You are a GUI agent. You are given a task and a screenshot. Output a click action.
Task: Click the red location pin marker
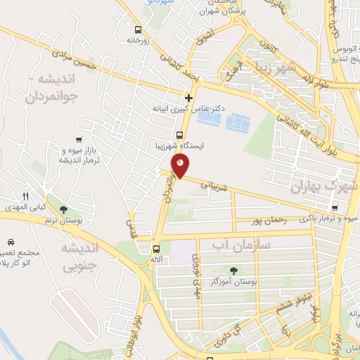coord(181,166)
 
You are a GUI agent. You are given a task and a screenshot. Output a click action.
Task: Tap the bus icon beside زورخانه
coord(138,30)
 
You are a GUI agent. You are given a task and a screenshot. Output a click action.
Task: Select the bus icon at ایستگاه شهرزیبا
coord(180,135)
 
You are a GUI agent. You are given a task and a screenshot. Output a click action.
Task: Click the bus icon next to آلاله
coord(156,248)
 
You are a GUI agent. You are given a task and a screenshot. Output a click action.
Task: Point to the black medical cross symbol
coord(188,98)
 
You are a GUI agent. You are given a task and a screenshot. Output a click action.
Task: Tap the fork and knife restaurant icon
coord(25,196)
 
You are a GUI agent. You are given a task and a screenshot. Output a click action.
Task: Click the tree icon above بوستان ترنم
coord(63,210)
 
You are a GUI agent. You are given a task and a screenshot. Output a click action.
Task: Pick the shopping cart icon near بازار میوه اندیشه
coord(79,140)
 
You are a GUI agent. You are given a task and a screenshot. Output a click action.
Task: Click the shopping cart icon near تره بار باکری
coord(335,208)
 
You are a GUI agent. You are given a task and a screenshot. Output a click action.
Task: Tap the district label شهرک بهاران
coord(324,187)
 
